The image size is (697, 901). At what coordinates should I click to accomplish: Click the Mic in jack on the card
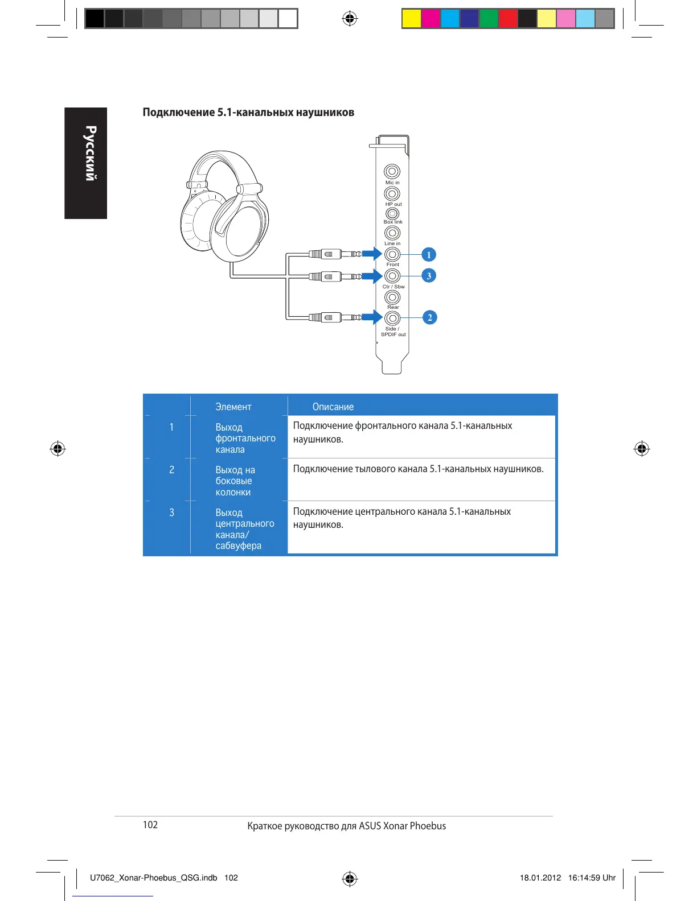click(x=392, y=171)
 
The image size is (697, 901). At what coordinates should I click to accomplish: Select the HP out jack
click(x=392, y=194)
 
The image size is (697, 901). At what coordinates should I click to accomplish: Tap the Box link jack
click(x=392, y=214)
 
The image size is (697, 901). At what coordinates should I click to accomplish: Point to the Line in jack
click(x=392, y=233)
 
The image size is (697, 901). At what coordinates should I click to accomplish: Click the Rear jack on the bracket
click(x=392, y=297)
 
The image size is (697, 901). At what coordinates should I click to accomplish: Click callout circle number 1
click(x=429, y=255)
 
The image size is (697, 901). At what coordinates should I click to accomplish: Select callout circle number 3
click(x=429, y=276)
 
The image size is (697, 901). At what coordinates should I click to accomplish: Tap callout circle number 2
click(x=429, y=317)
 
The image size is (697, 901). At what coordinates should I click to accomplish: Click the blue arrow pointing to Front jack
click(x=372, y=254)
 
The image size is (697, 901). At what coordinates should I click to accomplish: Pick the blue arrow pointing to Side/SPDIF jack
click(x=372, y=317)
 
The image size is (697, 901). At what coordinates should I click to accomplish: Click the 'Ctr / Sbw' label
click(x=393, y=287)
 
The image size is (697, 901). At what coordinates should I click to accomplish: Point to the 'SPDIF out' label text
click(x=393, y=334)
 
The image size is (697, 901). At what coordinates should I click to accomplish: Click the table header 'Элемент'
click(x=233, y=407)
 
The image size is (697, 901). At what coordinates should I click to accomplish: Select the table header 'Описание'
click(x=333, y=407)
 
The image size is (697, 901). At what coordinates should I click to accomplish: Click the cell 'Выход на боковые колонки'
click(x=235, y=481)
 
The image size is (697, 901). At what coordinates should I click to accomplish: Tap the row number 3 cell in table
click(x=171, y=513)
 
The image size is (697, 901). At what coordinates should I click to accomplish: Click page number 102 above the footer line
click(x=150, y=825)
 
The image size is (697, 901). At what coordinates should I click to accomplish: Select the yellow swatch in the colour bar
click(x=412, y=19)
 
